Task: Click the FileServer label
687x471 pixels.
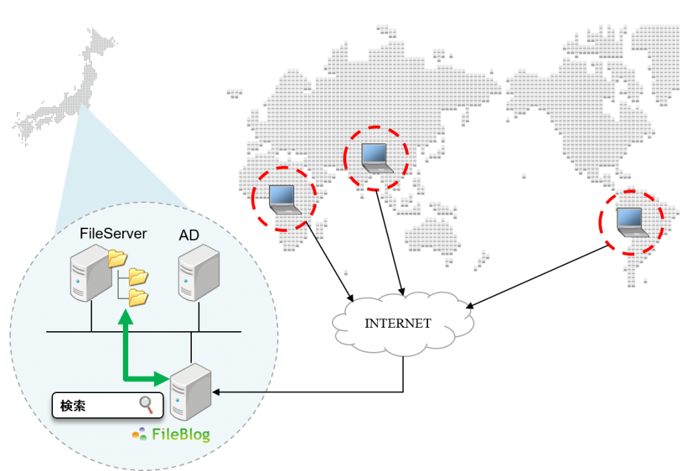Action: (x=113, y=233)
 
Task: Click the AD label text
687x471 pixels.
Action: (x=189, y=235)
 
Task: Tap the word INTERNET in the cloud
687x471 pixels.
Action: (x=398, y=323)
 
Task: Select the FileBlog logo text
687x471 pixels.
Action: (x=180, y=434)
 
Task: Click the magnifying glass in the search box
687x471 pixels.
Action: (x=146, y=404)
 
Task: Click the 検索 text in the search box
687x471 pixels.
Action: (x=72, y=406)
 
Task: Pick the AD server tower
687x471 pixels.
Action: (x=199, y=273)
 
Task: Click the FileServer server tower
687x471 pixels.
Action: (x=91, y=273)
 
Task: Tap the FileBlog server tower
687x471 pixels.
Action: (x=191, y=392)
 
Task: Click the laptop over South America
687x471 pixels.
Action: (x=631, y=222)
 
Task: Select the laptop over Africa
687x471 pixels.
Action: (x=284, y=200)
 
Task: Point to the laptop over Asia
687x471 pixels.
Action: (x=377, y=158)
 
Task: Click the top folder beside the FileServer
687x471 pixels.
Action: (x=117, y=258)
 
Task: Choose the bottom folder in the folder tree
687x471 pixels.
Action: (x=138, y=297)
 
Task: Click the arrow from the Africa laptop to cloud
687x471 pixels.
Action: (x=329, y=262)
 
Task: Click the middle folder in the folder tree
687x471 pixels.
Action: (x=138, y=277)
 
